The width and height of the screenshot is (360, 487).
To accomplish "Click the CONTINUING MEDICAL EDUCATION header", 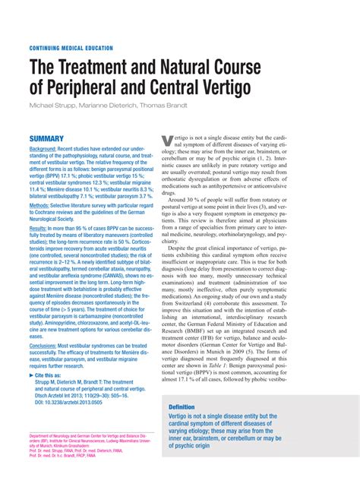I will (71, 47).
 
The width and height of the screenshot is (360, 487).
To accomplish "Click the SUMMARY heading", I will (46, 139).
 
